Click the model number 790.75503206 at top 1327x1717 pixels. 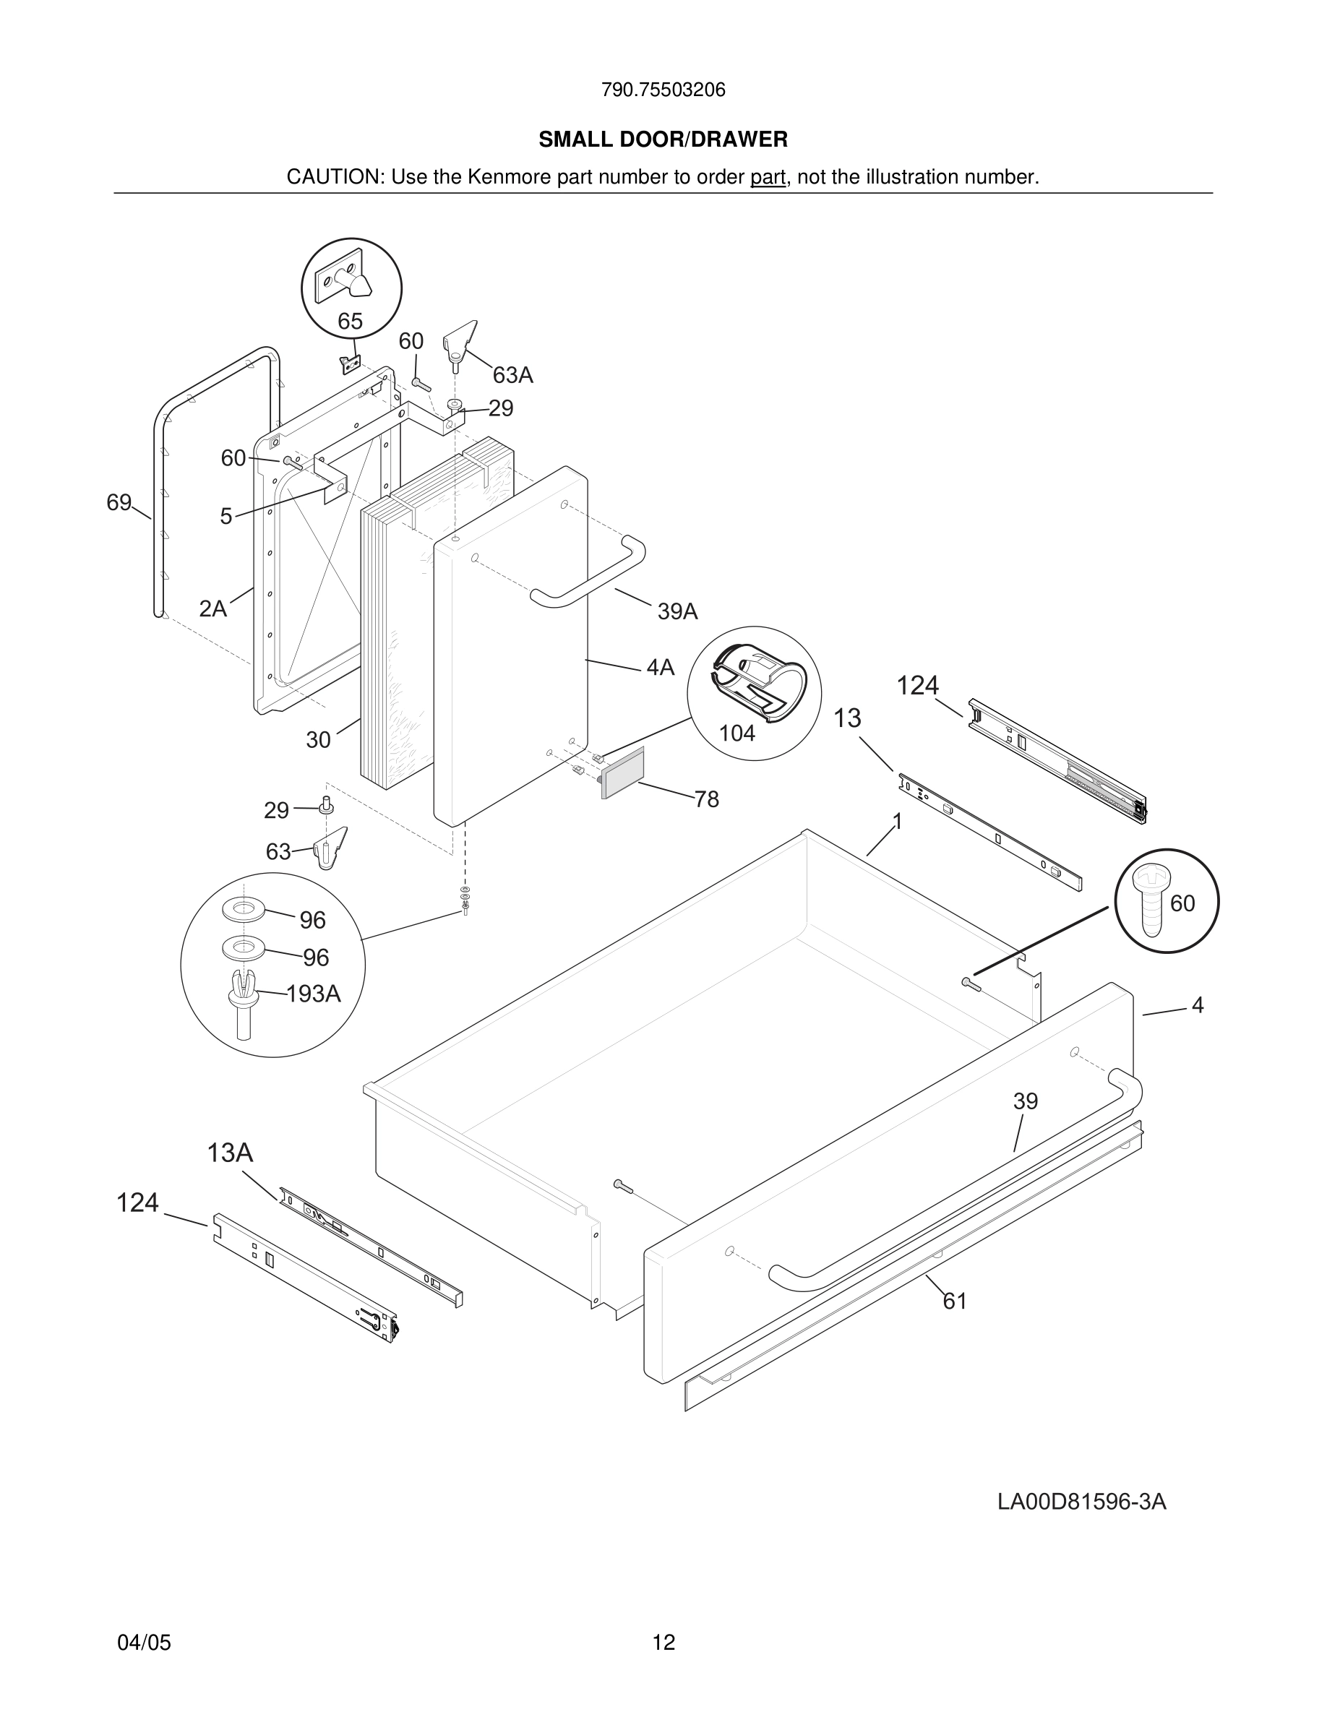click(x=663, y=90)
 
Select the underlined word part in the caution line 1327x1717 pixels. click(x=768, y=177)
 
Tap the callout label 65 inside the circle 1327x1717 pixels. click(x=350, y=321)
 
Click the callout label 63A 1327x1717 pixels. click(x=512, y=376)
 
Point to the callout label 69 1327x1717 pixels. click(x=119, y=502)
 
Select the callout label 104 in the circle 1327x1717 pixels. click(x=736, y=733)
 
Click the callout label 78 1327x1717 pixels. click(x=706, y=799)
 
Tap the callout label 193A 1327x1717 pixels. click(x=313, y=994)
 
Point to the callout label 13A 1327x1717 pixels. click(x=230, y=1153)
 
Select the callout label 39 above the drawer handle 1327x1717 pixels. click(x=1025, y=1101)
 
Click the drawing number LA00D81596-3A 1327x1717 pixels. click(x=1081, y=1502)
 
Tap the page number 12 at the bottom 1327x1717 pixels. click(x=663, y=1643)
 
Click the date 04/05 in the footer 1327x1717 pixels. click(x=144, y=1643)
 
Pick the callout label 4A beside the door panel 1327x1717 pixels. click(x=660, y=668)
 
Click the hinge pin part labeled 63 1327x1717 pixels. click(x=331, y=849)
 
